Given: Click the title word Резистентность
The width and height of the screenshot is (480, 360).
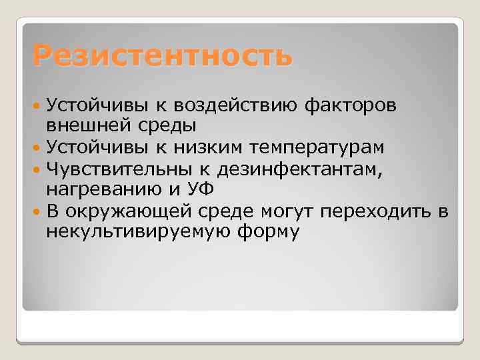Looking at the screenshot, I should tap(162, 55).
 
